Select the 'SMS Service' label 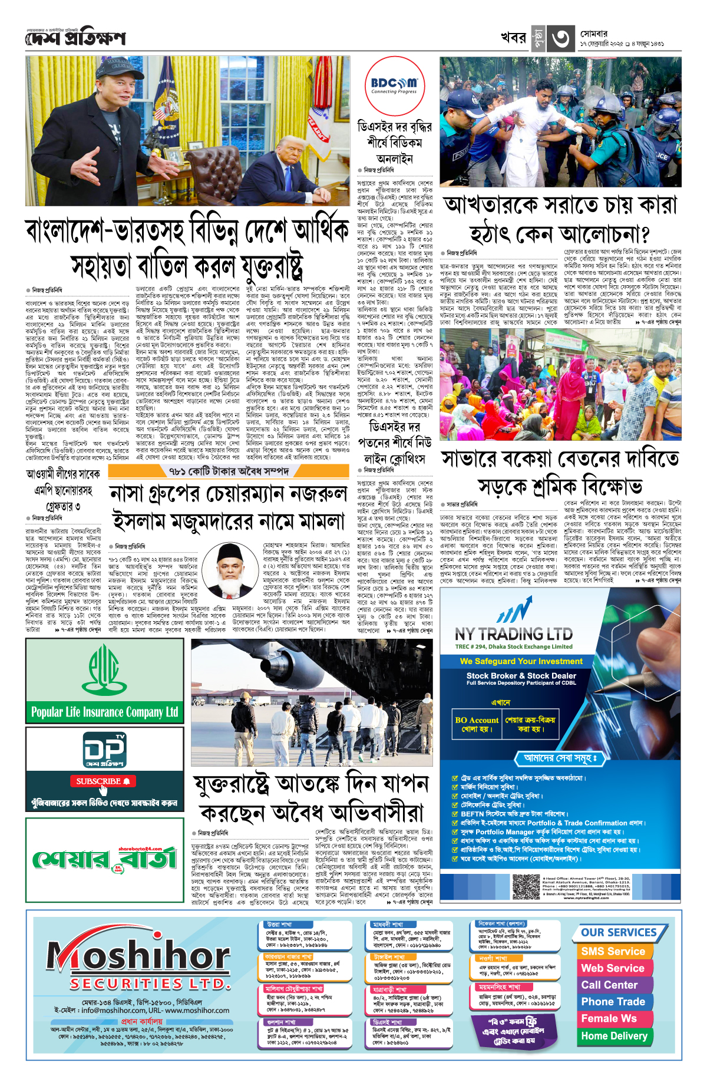(613, 952)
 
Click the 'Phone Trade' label (613, 1002)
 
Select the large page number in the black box (560, 39)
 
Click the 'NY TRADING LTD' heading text (513, 634)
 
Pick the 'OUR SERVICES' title (619, 933)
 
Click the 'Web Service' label (613, 968)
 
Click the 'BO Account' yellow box (477, 724)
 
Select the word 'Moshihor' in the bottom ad (138, 956)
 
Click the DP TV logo (104, 750)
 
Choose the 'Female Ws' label (609, 1018)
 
